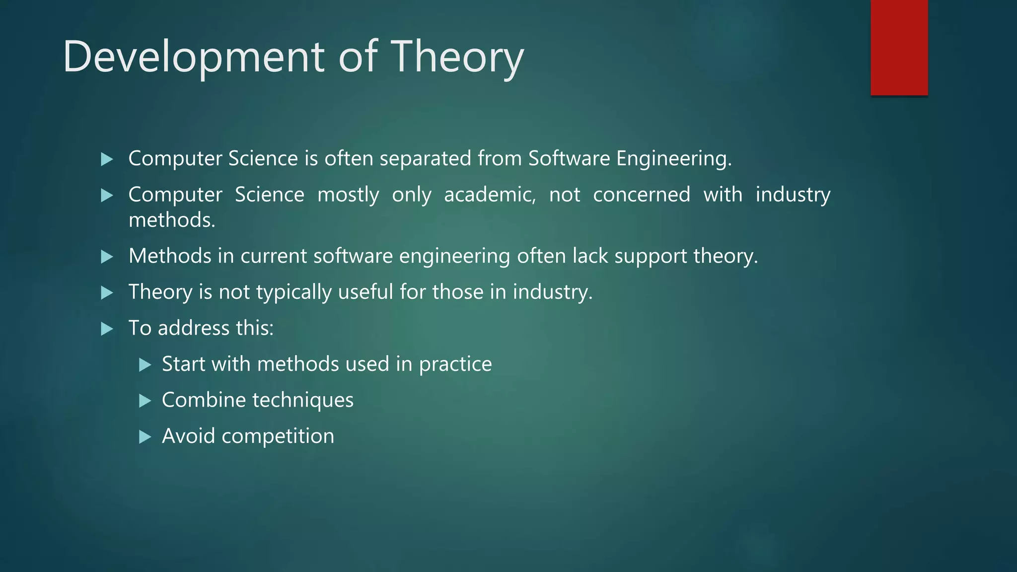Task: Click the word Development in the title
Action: point(194,57)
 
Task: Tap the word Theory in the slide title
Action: point(457,57)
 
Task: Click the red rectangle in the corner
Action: point(899,47)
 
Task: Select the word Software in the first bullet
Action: point(569,158)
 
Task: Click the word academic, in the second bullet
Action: point(490,195)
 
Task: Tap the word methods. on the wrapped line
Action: point(172,220)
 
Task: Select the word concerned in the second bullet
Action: point(641,195)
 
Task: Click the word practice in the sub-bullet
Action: point(455,364)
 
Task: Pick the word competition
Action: point(278,436)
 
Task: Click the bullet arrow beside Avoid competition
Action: point(145,437)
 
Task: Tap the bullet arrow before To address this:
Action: point(107,329)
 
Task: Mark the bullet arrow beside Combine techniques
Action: point(145,401)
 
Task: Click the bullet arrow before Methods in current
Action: point(107,257)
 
